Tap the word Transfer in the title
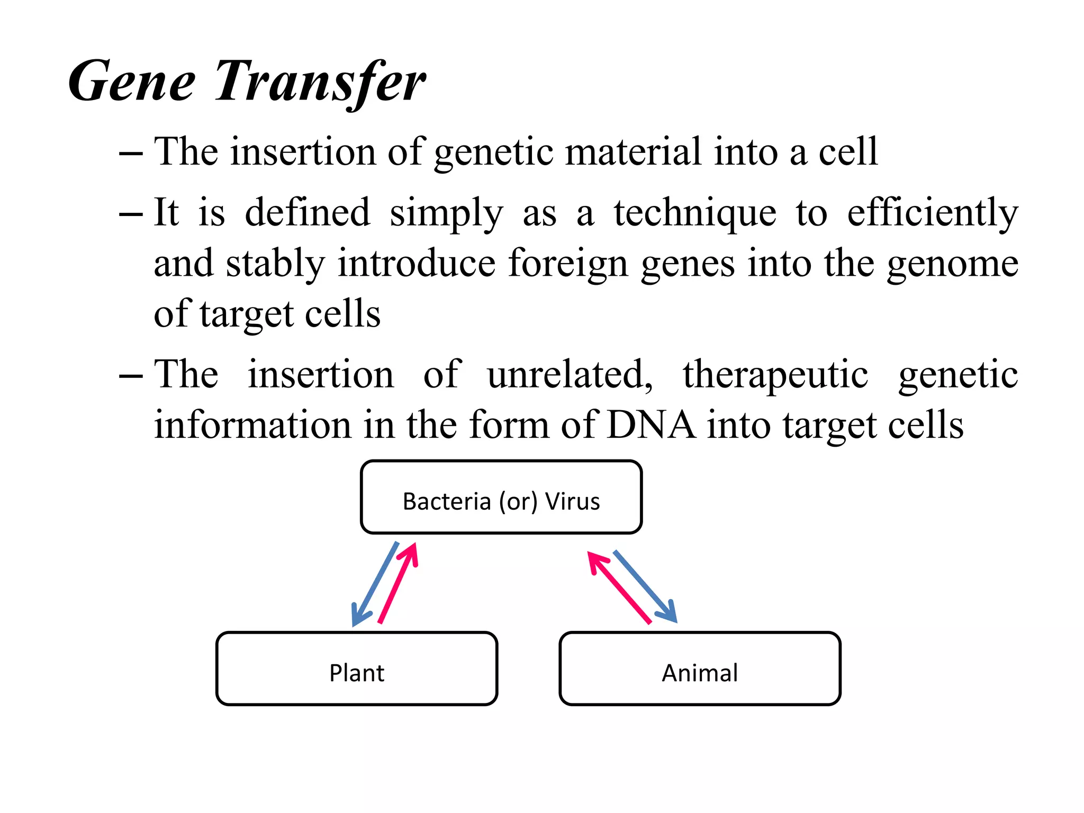tap(320, 82)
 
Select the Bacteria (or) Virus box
tap(501, 497)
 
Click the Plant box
tap(356, 669)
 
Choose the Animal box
tap(700, 669)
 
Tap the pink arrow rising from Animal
tap(619, 588)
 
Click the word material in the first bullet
tap(633, 152)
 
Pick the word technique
tap(694, 213)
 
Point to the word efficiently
tap(932, 213)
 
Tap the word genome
tap(952, 264)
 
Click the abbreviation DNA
tap(651, 425)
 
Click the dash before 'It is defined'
tap(131, 214)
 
